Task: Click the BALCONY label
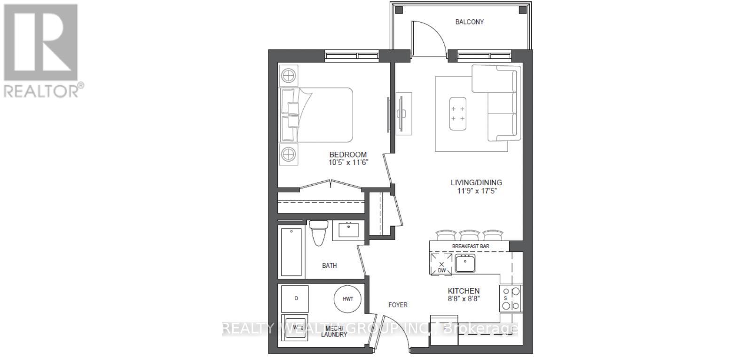(469, 22)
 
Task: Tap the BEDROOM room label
(347, 155)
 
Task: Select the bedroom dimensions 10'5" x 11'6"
(347, 163)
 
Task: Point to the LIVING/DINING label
(476, 182)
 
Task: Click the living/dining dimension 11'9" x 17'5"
(476, 191)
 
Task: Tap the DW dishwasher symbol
(441, 265)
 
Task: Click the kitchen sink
(465, 263)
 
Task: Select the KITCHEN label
(464, 291)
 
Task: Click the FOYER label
(398, 305)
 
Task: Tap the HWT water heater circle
(347, 299)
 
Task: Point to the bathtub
(291, 251)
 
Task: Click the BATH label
(329, 266)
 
